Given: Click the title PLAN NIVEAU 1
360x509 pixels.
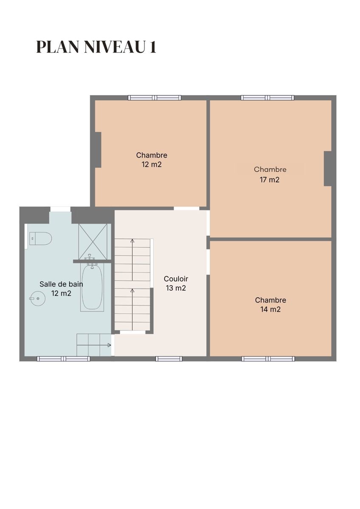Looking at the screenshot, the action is [x=96, y=47].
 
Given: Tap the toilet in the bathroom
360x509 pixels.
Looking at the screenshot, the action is [x=40, y=238].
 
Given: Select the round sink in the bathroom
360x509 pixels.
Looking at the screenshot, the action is [x=37, y=298].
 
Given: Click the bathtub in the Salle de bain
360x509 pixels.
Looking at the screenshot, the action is [x=92, y=287].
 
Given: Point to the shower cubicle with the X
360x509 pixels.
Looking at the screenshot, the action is [x=93, y=241].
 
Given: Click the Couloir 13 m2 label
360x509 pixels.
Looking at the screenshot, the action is [x=176, y=284].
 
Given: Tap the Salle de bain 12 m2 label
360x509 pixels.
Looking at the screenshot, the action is [x=61, y=289].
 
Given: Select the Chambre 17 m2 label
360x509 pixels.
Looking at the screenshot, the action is [x=270, y=174].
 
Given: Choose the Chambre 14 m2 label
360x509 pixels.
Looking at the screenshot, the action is [x=270, y=305].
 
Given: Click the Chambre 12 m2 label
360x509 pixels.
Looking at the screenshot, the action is [x=152, y=160].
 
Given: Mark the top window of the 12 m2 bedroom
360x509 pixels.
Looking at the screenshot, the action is [x=155, y=98].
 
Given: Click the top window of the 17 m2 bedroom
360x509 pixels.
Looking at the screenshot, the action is [x=267, y=98].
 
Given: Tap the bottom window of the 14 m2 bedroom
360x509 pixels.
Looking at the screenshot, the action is [x=268, y=359].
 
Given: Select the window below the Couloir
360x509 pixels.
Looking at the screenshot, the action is [x=169, y=359].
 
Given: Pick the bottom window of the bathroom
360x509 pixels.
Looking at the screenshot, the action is [x=63, y=359].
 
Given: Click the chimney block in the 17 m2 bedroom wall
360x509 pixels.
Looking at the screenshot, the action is [x=328, y=169].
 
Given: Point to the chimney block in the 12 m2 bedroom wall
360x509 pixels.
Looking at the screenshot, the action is [x=98, y=150].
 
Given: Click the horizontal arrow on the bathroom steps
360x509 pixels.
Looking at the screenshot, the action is [x=94, y=345].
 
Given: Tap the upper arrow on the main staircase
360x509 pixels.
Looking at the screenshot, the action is [x=132, y=260].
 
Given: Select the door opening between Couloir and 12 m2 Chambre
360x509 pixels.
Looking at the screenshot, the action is [x=186, y=208].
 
